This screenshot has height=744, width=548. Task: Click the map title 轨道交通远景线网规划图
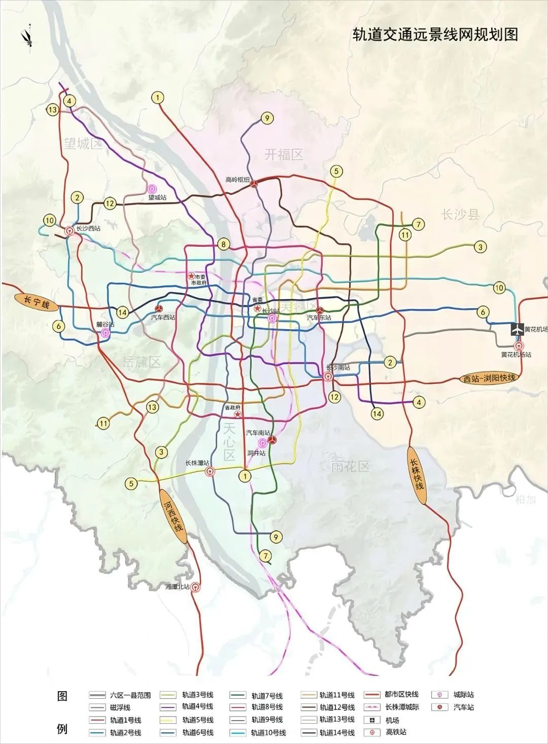[x=435, y=35]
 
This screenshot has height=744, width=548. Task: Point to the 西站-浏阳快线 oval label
[x=489, y=378]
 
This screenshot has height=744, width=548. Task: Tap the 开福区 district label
[x=284, y=154]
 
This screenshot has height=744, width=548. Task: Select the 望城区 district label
[x=83, y=144]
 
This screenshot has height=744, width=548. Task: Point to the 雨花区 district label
[x=350, y=466]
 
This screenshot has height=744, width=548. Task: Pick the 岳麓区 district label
[x=142, y=362]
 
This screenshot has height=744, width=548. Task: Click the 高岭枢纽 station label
[x=237, y=179]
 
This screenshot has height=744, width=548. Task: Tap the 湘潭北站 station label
[x=177, y=587]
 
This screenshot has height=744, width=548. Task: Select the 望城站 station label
[x=157, y=197]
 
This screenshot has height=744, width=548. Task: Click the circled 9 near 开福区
[x=267, y=118]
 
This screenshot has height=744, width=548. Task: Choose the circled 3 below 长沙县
[x=480, y=247]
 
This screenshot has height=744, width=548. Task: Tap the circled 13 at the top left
[x=52, y=109]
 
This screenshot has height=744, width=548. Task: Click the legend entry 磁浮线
[x=120, y=707]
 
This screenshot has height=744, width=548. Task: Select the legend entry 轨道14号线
[x=337, y=732]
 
